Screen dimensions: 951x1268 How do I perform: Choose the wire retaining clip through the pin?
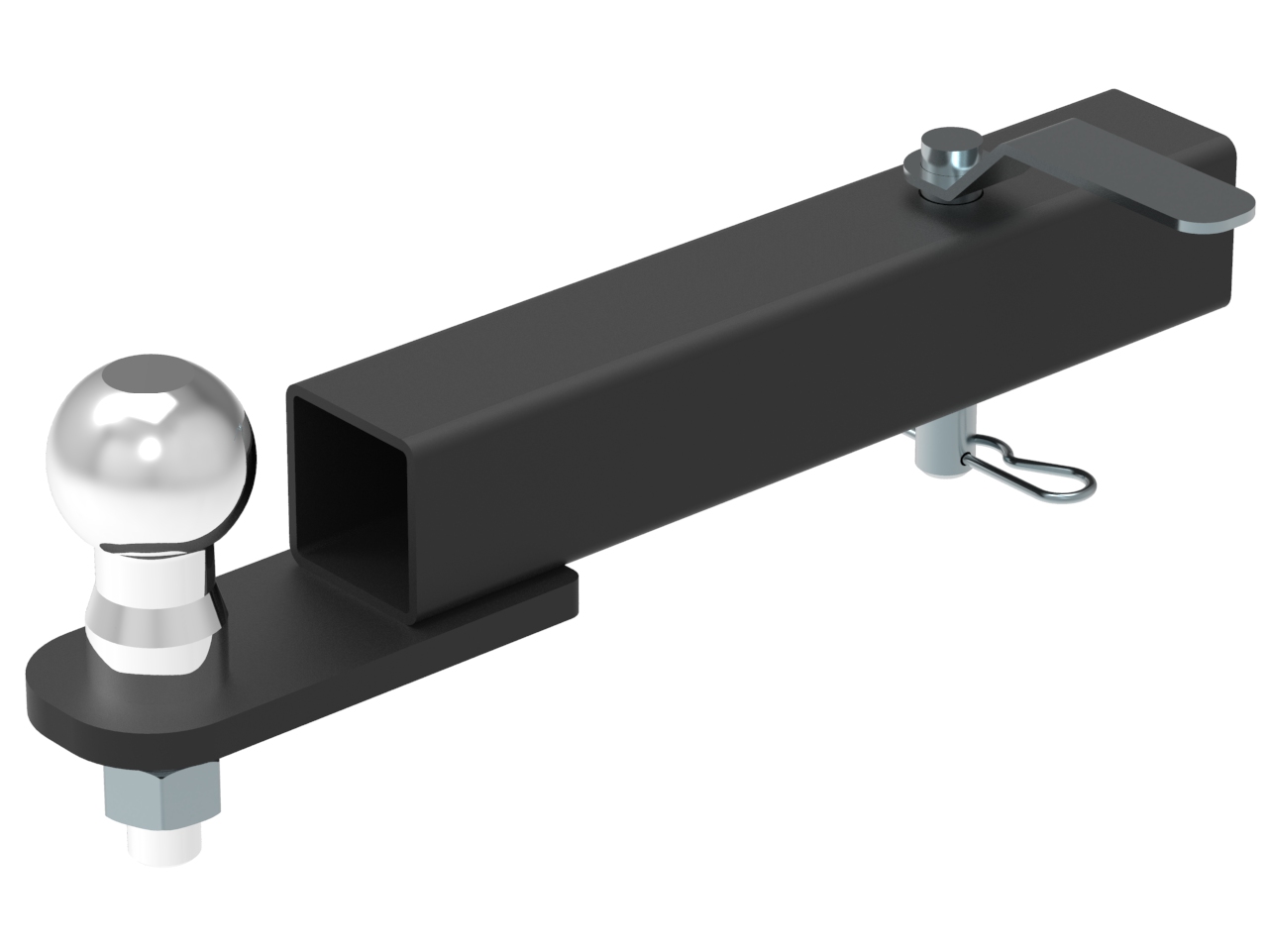point(1030,475)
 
